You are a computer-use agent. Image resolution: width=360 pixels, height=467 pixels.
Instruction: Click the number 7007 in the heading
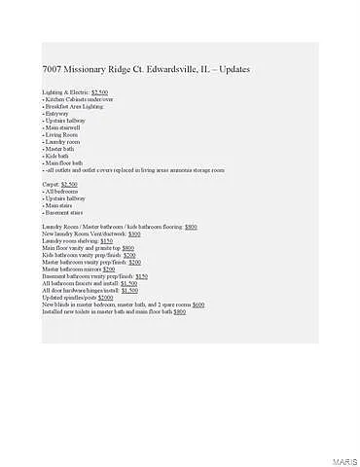point(53,71)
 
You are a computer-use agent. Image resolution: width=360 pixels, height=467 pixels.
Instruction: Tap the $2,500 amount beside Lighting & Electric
point(100,91)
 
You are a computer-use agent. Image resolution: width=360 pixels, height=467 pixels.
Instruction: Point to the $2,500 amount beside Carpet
point(69,184)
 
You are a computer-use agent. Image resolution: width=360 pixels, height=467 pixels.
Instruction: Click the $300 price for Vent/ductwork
point(134,234)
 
